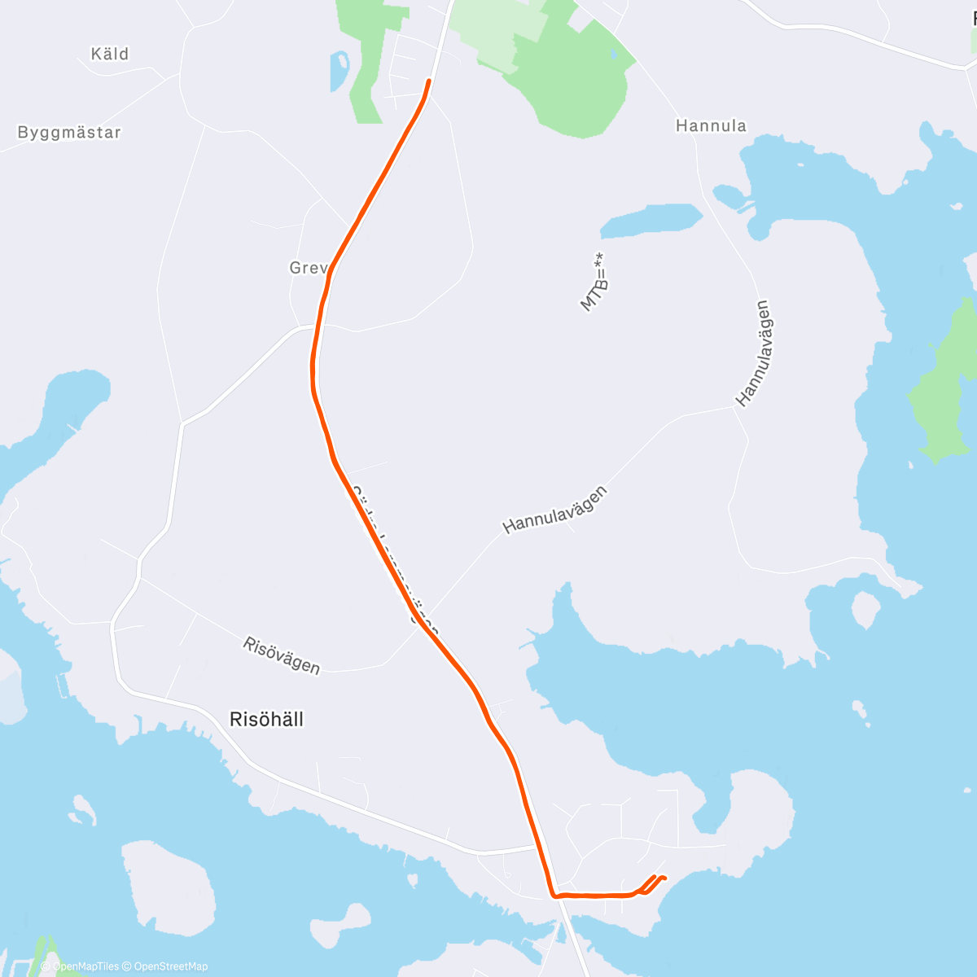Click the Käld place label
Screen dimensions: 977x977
tap(110, 54)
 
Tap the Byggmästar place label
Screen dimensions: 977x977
tap(69, 132)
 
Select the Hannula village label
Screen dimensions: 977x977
tap(711, 125)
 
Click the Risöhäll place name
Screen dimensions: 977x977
tap(267, 719)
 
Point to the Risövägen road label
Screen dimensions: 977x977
tap(282, 655)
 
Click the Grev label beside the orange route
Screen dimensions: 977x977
tap(307, 268)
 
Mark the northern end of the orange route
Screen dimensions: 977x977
tap(428, 81)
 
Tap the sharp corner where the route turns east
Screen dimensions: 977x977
tap(555, 896)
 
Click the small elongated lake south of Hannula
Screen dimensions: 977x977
tap(651, 220)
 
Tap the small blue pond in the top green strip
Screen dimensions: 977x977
tap(339, 71)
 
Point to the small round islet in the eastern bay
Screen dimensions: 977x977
tap(865, 609)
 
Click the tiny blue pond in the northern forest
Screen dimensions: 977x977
tap(613, 54)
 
